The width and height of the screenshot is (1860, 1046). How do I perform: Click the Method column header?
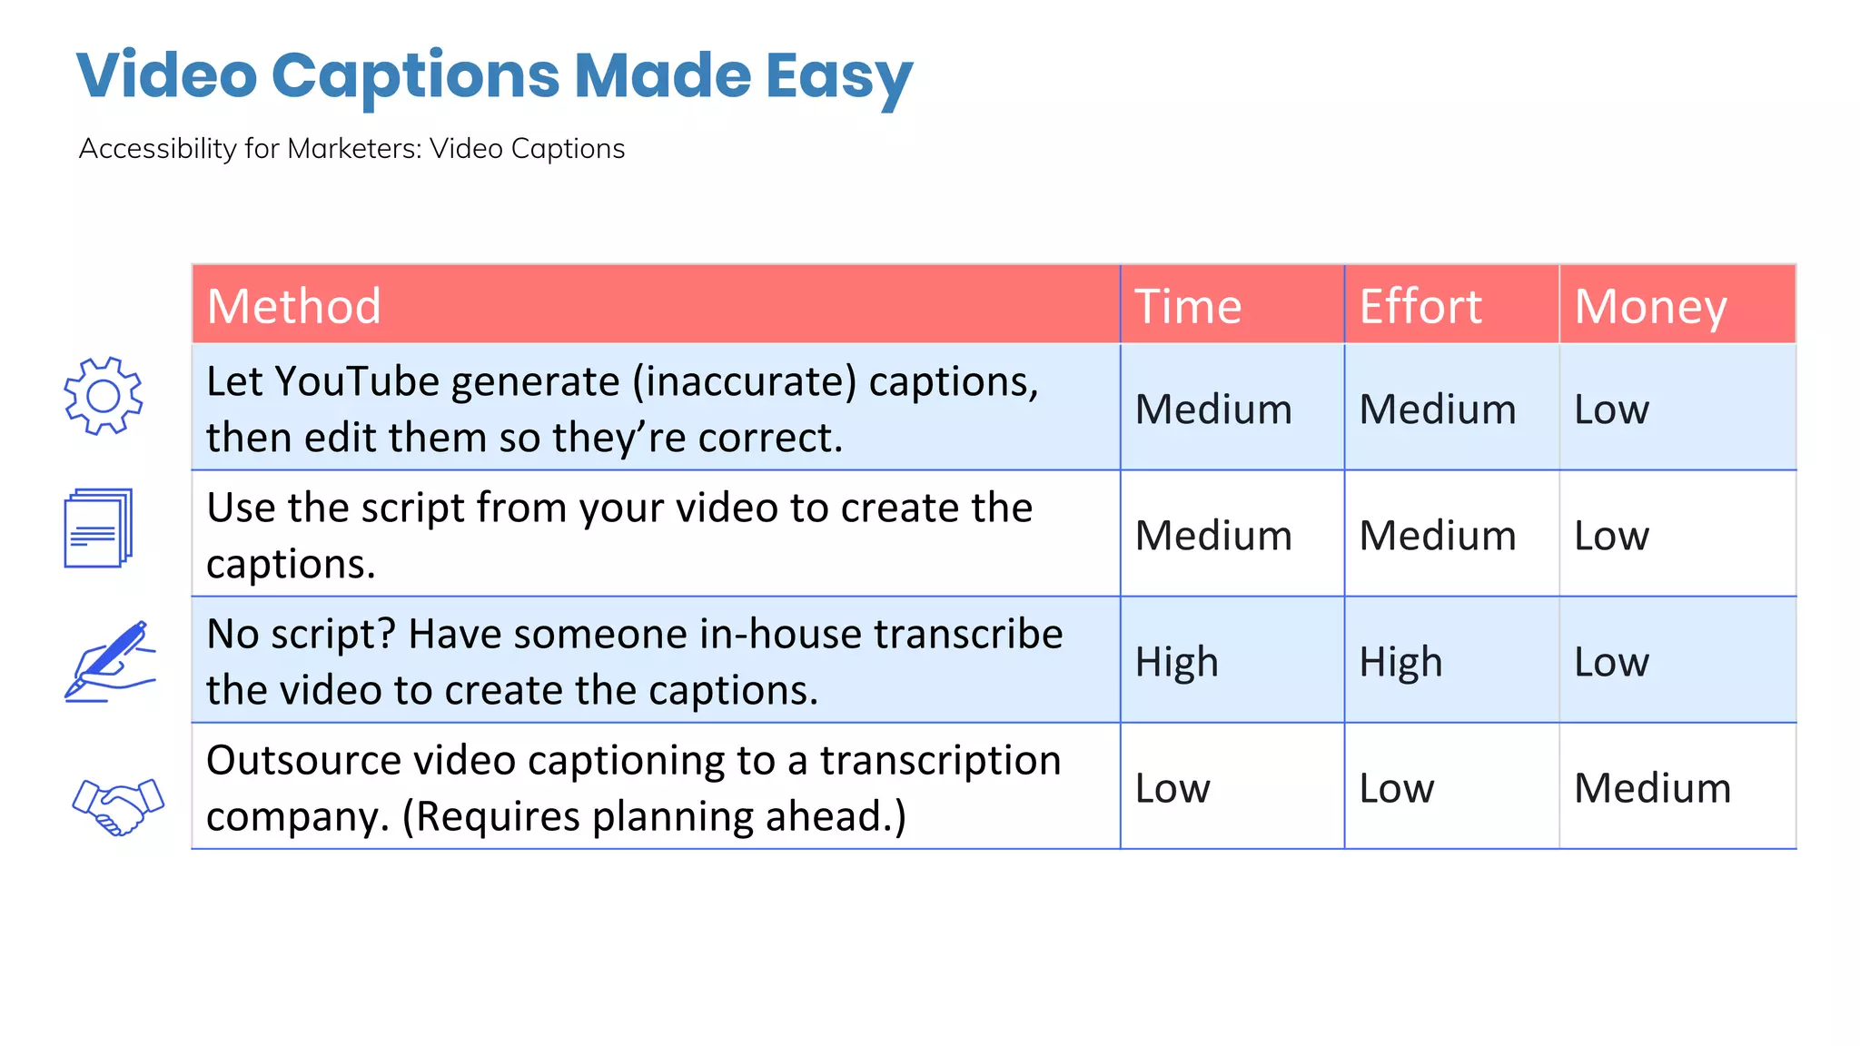pyautogui.click(x=293, y=306)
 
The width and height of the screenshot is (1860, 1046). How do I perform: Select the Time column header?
pyautogui.click(x=1188, y=306)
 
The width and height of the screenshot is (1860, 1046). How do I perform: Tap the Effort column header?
pyautogui.click(x=1420, y=306)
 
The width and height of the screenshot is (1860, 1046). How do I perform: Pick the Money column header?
pyautogui.click(x=1650, y=306)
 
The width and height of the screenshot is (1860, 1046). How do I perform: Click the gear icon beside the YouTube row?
pyautogui.click(x=103, y=396)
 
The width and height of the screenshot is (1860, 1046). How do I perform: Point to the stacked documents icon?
pyautogui.click(x=98, y=528)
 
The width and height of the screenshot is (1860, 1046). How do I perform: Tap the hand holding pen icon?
pyautogui.click(x=110, y=661)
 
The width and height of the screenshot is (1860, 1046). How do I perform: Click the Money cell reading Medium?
pyautogui.click(x=1652, y=787)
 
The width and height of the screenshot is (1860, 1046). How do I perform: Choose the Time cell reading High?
pyautogui.click(x=1176, y=661)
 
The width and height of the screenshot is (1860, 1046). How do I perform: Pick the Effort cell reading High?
pyautogui.click(x=1400, y=661)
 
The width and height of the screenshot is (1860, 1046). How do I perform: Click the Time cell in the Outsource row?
pyautogui.click(x=1172, y=787)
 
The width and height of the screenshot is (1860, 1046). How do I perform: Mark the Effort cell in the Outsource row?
pyautogui.click(x=1397, y=787)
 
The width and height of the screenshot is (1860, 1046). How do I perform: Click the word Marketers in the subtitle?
pyautogui.click(x=354, y=148)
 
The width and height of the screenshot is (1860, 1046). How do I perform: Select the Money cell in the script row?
pyautogui.click(x=1611, y=535)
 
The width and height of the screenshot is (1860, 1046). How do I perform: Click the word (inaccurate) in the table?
pyautogui.click(x=745, y=381)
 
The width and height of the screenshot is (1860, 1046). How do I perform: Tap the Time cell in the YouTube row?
pyautogui.click(x=1213, y=409)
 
